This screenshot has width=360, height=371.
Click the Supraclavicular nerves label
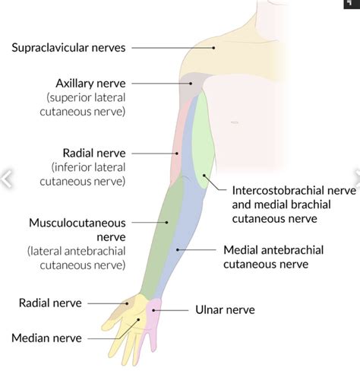68,47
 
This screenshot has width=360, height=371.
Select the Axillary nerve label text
90,83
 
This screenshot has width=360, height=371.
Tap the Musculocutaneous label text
77,223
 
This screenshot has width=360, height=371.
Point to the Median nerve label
46,336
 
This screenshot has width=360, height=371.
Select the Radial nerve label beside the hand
50,303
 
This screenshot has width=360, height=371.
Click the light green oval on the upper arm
203,144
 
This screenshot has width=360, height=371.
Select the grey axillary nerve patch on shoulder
192,87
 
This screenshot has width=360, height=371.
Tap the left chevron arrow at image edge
6,179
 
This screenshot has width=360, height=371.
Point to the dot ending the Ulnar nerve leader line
157,309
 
